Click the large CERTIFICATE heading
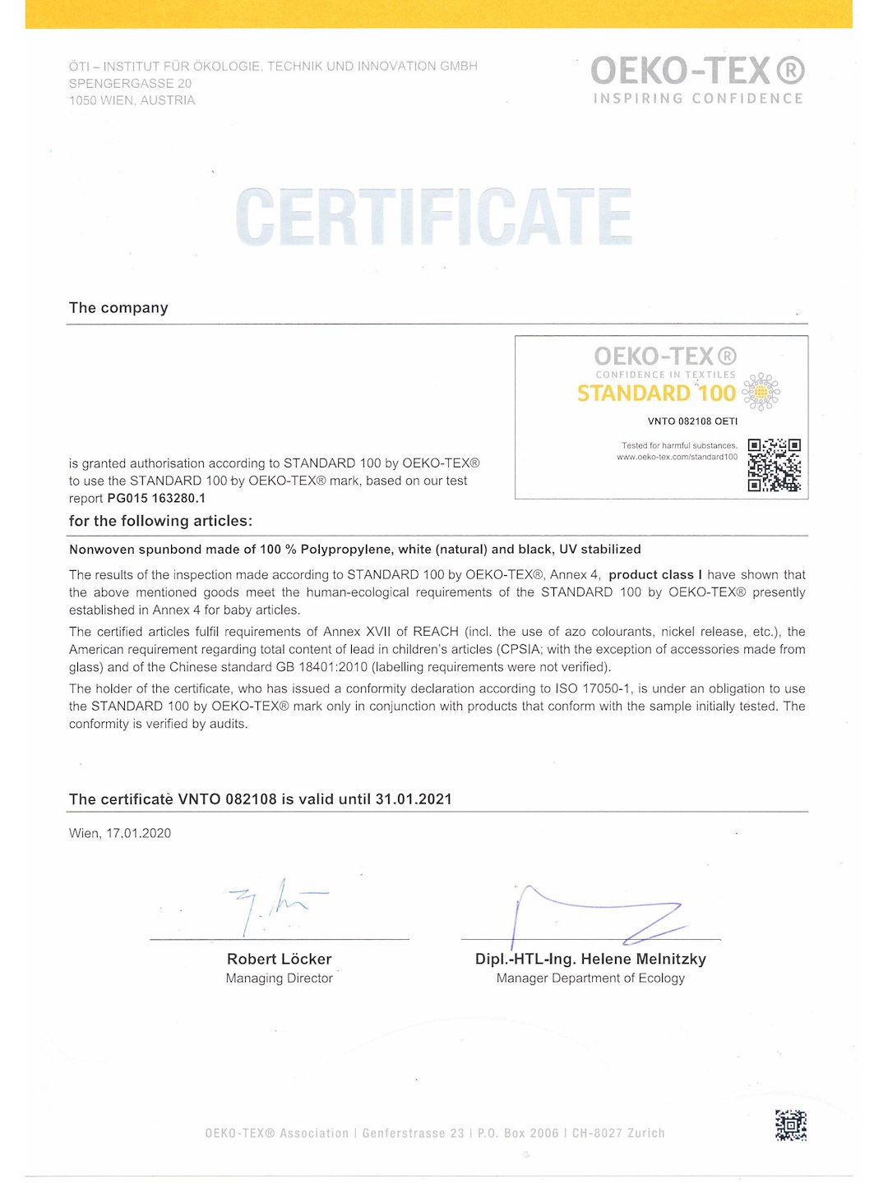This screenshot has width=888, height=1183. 433,217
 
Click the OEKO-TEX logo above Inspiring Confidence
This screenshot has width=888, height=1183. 697,71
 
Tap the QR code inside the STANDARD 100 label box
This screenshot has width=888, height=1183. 774,465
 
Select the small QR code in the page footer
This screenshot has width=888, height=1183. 790,1125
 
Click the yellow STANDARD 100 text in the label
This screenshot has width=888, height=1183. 656,394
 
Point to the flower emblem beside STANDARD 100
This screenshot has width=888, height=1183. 761,392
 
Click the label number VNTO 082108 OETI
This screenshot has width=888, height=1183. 692,421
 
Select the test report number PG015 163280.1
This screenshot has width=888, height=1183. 156,498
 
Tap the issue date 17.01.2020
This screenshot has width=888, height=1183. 138,833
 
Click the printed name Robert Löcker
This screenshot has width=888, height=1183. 280,959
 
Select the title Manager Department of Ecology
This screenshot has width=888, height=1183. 590,978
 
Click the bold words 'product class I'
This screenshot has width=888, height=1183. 655,575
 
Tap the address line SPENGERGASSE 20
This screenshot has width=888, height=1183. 130,83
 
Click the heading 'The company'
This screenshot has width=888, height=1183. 118,308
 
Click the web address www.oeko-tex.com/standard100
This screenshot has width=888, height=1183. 677,457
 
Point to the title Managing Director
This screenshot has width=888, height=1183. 280,978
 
